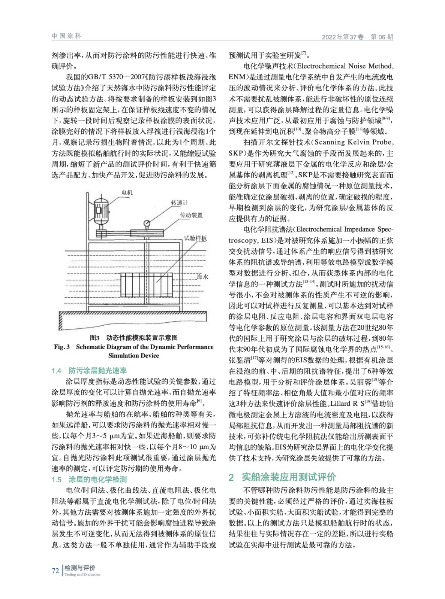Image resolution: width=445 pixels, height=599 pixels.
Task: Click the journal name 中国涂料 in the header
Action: click(66, 36)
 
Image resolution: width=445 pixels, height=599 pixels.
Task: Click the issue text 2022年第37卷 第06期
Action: click(357, 37)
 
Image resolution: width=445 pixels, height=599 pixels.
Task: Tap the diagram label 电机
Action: click(127, 192)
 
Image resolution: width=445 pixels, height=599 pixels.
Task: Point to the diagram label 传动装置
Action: click(191, 215)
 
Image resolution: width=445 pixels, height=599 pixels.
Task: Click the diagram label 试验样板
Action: click(195, 238)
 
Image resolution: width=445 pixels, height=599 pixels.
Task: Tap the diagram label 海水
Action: click(202, 277)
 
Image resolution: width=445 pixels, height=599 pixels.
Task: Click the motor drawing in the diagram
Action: click(100, 209)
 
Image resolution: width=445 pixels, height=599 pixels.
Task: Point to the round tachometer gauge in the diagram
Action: click(147, 223)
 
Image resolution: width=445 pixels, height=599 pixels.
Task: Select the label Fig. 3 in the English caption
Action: click(62, 347)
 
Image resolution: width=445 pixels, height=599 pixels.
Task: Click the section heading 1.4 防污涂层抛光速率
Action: click(89, 371)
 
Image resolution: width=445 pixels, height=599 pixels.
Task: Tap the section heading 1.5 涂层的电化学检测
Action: click(89, 479)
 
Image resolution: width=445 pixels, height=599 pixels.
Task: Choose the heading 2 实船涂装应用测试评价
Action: click(282, 477)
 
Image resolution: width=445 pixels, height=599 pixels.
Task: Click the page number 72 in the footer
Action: click(55, 571)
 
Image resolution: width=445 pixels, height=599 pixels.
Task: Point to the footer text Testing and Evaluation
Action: click(82, 575)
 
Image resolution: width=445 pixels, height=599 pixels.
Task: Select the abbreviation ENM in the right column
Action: click(237, 77)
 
